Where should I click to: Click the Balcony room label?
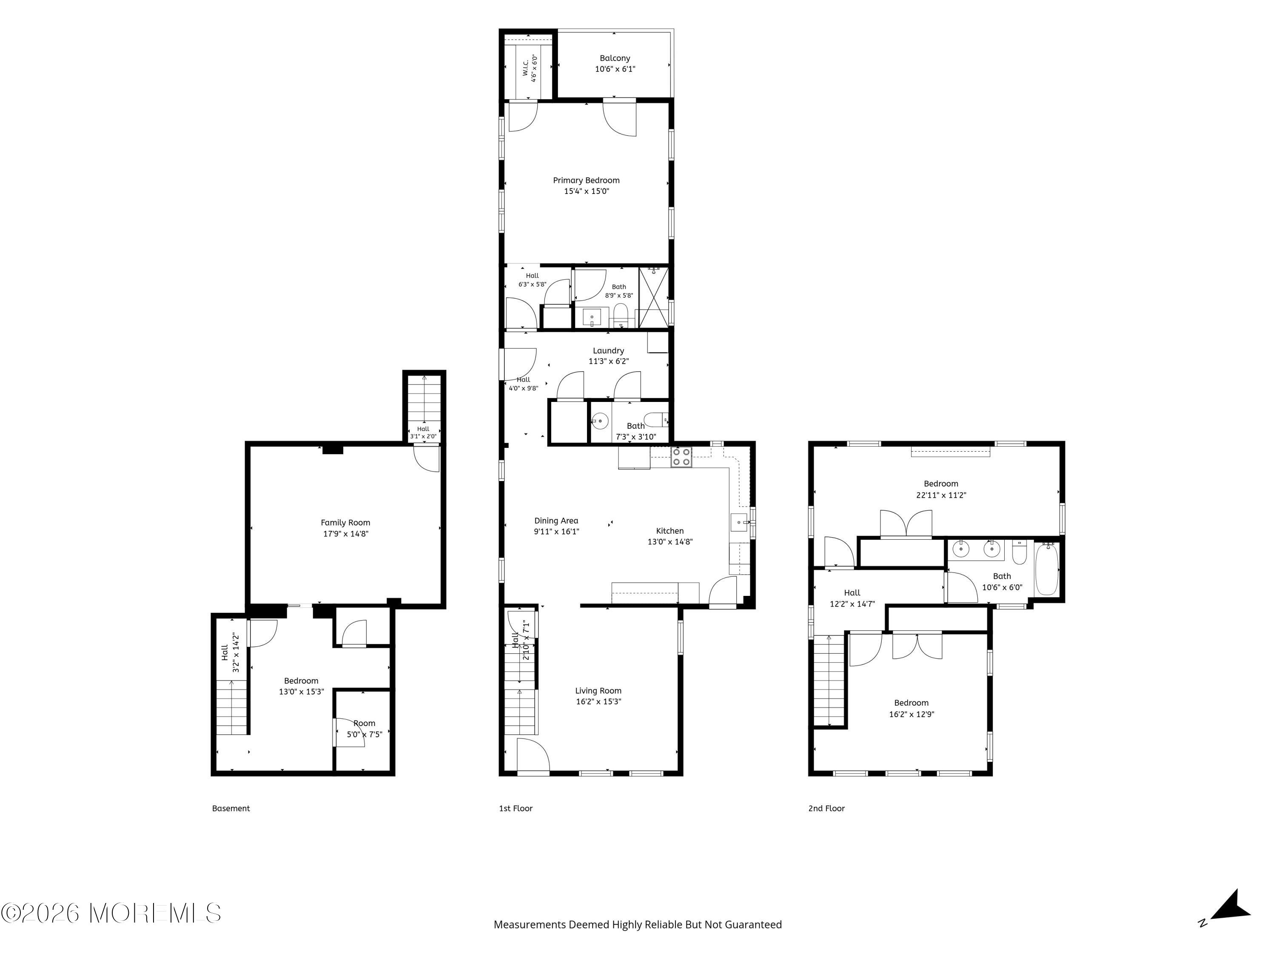click(615, 58)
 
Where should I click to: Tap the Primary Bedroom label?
click(586, 181)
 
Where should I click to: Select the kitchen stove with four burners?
click(681, 457)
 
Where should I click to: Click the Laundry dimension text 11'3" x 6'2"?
click(609, 362)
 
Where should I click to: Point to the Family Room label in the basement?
click(345, 523)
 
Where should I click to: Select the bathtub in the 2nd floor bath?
click(1046, 570)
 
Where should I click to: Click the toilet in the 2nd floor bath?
click(1019, 552)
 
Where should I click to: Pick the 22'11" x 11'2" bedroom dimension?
click(941, 495)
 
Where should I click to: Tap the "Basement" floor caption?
click(231, 808)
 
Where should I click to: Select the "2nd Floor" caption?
click(826, 808)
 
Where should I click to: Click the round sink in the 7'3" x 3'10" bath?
click(600, 421)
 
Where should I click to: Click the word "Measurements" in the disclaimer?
click(530, 924)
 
